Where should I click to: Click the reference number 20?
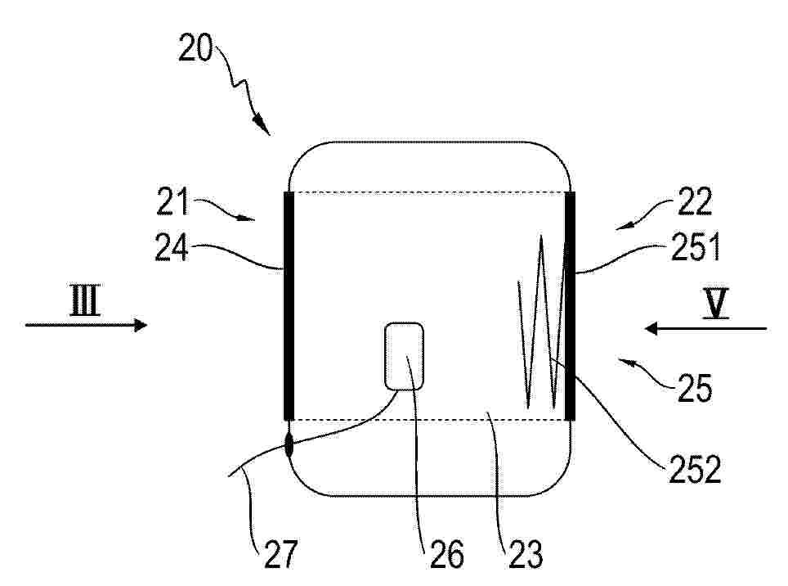coord(195,47)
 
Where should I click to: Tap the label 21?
coord(172,201)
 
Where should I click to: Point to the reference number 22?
coord(695,201)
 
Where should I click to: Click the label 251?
coord(696,247)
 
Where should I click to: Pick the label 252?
coord(695,469)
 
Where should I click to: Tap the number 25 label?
coord(695,388)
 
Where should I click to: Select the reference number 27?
coord(280,554)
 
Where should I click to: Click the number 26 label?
coord(446,554)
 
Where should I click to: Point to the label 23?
coord(526,554)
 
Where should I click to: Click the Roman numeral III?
coord(85,301)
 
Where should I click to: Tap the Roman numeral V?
coord(715,304)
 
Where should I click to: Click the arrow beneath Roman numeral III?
coord(87,325)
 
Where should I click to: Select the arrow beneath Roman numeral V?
coord(705,329)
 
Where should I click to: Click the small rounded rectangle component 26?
coord(404,356)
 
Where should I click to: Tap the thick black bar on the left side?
coord(289,305)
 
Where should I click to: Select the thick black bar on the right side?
coord(570,305)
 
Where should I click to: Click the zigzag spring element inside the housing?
coord(541,322)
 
